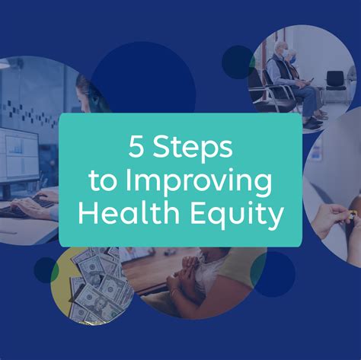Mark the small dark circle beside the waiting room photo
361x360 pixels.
click(238, 61)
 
